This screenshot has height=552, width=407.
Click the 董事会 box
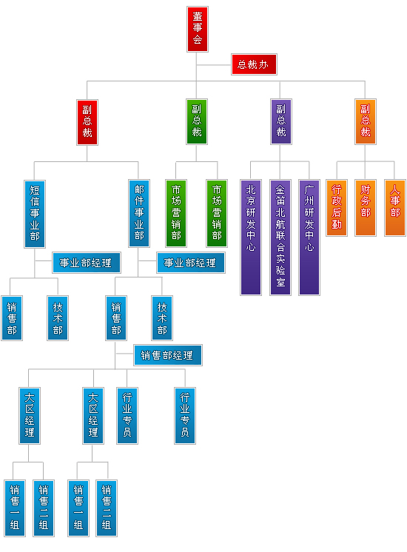tap(197, 29)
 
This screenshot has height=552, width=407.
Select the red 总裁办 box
tap(254, 64)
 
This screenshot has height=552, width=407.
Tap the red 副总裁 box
tap(87, 122)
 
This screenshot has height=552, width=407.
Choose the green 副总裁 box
tap(196, 122)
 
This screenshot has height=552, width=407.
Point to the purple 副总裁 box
tap(281, 122)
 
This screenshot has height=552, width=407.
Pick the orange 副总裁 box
tap(366, 122)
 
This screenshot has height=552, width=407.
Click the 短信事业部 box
tap(35, 214)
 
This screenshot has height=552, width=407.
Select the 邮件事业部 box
tap(139, 213)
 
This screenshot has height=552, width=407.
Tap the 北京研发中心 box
tap(251, 238)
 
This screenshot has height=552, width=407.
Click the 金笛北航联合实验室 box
tap(280, 238)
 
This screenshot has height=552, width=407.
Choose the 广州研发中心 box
tap(309, 238)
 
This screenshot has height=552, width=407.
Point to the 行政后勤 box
tap(337, 208)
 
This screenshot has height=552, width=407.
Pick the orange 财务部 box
tap(366, 208)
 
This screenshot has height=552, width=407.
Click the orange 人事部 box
tap(395, 208)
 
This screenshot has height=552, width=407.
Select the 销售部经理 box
tap(168, 355)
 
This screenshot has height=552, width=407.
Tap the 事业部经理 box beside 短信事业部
tap(87, 263)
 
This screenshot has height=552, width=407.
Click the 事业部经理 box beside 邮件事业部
tap(191, 263)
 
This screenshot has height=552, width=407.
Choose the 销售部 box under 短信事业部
tap(12, 318)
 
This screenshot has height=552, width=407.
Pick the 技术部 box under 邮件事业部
tap(162, 318)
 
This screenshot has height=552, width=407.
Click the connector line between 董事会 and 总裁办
tap(214, 65)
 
